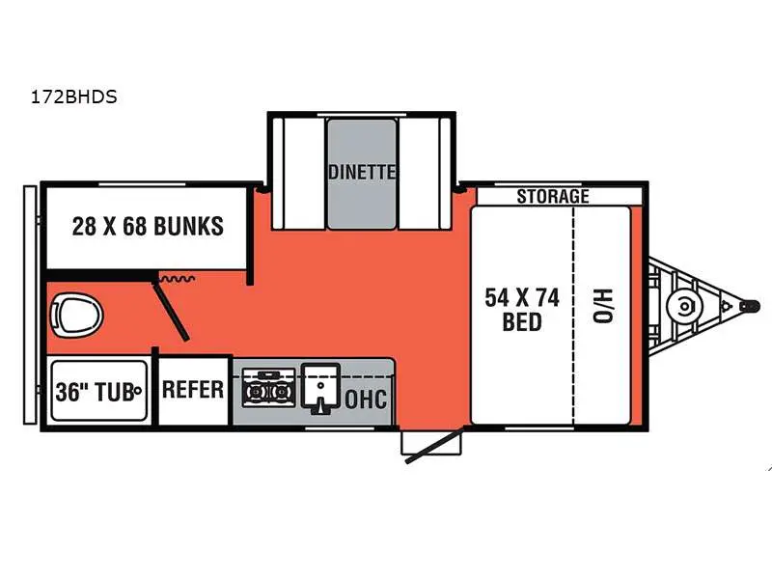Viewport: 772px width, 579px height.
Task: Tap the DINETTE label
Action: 361,173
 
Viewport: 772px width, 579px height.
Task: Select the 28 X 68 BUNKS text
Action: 148,226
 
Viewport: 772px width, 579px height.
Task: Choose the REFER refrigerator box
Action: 193,390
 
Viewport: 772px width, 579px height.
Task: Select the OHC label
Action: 367,398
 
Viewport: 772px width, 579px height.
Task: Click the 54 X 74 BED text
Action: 522,309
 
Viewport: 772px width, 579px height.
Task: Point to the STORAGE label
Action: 552,197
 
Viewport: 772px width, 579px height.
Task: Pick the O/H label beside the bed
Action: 603,309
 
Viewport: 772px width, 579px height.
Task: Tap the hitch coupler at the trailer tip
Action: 748,306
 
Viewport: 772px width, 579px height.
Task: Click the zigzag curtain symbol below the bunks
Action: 179,278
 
